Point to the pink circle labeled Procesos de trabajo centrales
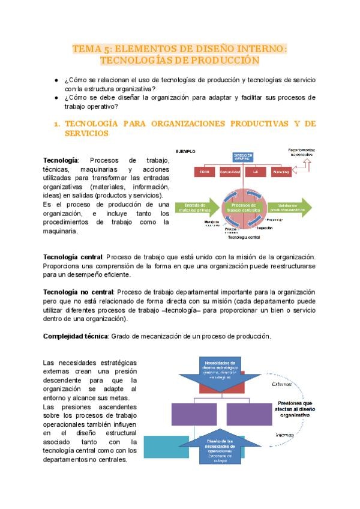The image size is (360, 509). point(244,208)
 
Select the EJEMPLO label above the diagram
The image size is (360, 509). point(187,152)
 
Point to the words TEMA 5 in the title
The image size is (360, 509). point(90,49)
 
